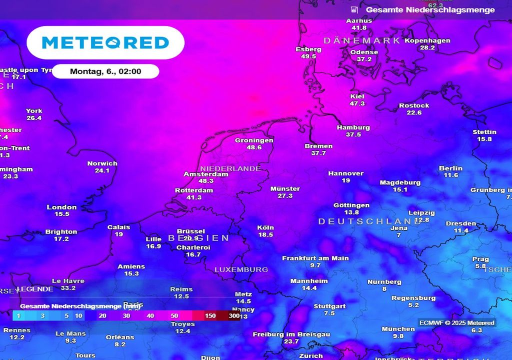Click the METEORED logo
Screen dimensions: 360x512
105,42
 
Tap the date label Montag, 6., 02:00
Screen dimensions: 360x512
105,71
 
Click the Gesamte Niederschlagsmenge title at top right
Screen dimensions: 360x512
430,9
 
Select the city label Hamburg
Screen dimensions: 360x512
353,127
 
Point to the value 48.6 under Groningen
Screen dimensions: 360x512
254,147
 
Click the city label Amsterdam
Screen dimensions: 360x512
206,174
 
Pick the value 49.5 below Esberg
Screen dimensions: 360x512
308,56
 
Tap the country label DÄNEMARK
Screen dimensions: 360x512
362,40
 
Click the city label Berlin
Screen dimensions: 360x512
450,168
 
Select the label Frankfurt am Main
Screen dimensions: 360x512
315,258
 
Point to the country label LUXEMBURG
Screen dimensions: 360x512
241,269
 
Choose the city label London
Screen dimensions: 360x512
62,207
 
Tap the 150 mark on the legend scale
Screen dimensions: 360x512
210,316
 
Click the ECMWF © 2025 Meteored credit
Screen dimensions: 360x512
457,323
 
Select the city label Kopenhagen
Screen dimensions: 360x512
427,40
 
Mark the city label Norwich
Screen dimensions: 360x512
102,163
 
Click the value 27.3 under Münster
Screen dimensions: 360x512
285,196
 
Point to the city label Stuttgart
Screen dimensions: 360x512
329,306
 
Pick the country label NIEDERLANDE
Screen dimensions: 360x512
230,168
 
